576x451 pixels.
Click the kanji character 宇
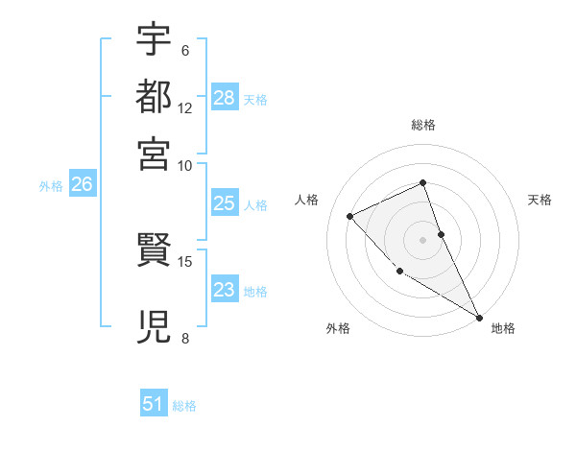pos(154,39)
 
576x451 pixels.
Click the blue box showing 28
pos(225,98)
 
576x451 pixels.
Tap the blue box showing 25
pos(225,203)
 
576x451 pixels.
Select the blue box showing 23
pos(225,290)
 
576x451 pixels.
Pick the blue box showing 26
pos(82,185)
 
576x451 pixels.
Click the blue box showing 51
pos(154,405)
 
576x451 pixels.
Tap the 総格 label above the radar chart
pos(423,125)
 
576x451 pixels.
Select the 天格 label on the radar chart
pos(540,200)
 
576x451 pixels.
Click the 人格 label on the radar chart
pos(307,200)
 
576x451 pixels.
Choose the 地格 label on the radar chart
pos(503,328)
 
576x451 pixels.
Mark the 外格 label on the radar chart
pos(338,328)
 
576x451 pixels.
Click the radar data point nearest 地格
pos(479,317)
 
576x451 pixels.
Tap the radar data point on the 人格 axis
pos(350,216)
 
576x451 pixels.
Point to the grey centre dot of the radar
pos(423,240)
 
